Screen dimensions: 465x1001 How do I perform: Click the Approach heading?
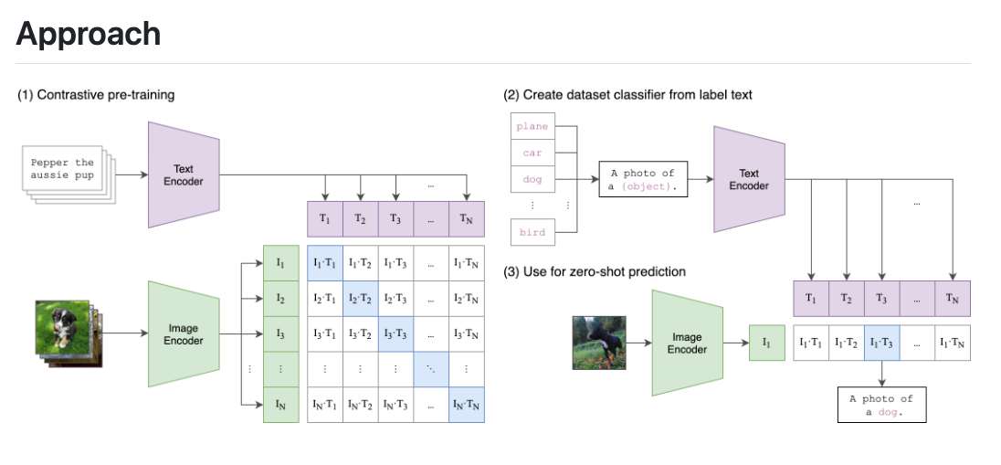tap(89, 34)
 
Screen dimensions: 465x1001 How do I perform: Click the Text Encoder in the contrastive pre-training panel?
tap(184, 174)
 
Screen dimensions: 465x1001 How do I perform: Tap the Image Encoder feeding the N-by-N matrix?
tap(184, 333)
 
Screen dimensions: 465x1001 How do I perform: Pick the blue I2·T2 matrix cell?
tap(360, 299)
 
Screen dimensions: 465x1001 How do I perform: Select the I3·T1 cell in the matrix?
tap(324, 333)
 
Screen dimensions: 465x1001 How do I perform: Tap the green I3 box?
tap(280, 333)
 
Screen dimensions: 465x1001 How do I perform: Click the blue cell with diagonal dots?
tap(430, 369)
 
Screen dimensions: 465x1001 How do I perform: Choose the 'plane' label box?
tap(532, 126)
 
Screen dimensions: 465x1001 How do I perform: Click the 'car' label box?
tap(532, 153)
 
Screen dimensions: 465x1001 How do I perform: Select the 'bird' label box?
tap(532, 232)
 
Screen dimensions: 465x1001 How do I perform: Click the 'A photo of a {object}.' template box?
tap(643, 180)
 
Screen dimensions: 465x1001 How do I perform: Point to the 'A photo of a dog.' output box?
tap(881, 405)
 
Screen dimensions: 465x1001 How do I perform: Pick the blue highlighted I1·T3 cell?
tap(881, 343)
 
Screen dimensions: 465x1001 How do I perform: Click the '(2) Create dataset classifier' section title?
tap(627, 95)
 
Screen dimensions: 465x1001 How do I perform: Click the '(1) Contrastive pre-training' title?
tap(96, 95)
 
